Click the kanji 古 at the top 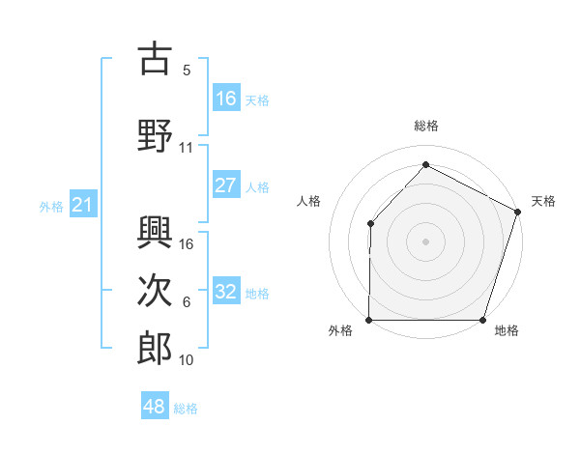[155, 60]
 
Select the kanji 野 [155, 132]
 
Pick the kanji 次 [155, 289]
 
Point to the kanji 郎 [155, 347]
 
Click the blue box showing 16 [226, 99]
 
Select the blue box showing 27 [226, 185]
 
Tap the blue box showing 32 [226, 292]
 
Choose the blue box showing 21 [82, 205]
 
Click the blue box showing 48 [155, 407]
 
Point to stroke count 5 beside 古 [187, 71]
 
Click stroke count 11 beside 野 [187, 148]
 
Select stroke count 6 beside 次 [187, 302]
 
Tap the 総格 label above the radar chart [425, 126]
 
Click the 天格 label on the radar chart [543, 201]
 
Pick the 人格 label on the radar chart [309, 201]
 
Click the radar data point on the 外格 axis [369, 320]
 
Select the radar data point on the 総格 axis [425, 165]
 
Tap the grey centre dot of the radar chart [425, 241]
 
